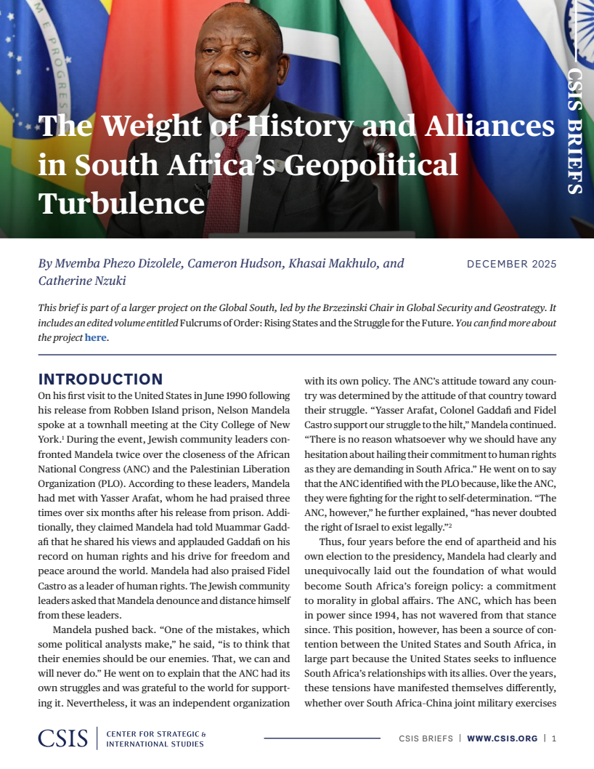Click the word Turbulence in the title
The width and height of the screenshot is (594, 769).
[x=121, y=203]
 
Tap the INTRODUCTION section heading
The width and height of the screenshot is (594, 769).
[x=100, y=379]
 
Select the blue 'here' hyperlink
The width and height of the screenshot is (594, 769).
[x=96, y=338]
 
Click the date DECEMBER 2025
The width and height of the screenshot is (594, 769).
[x=511, y=264]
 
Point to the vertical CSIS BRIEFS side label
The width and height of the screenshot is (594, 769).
[x=574, y=131]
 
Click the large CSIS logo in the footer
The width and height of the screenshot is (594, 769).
[x=63, y=738]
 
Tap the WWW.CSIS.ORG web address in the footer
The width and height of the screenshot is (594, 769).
[x=502, y=738]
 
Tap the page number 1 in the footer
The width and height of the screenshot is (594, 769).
[x=554, y=738]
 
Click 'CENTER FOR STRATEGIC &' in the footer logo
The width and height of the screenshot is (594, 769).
[x=156, y=733]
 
